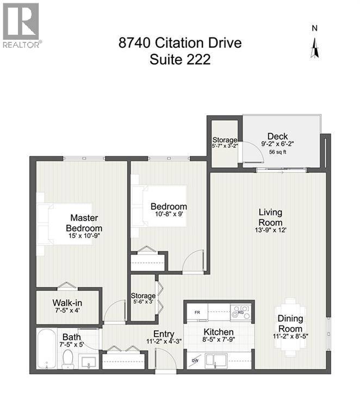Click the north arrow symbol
[314, 46]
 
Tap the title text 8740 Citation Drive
[180, 42]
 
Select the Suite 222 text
[180, 59]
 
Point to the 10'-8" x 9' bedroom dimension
[169, 214]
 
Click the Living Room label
[270, 218]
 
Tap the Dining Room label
[290, 324]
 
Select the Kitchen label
[219, 332]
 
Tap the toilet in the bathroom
[69, 359]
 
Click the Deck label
[277, 137]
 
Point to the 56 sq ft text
[277, 153]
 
